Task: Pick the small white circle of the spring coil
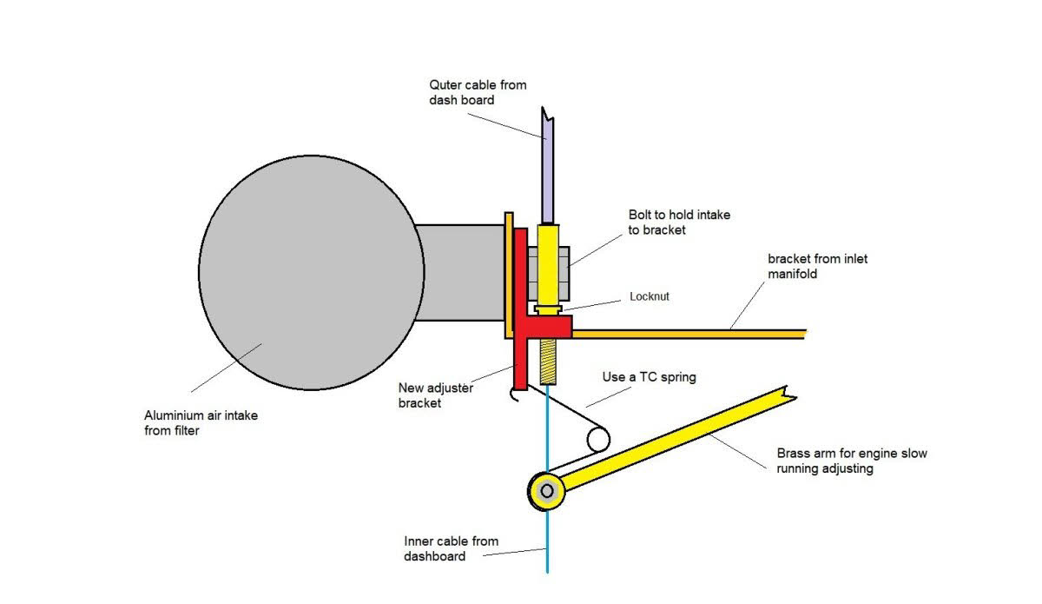point(597,439)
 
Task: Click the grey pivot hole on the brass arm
point(546,491)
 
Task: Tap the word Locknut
point(649,296)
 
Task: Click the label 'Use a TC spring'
point(649,378)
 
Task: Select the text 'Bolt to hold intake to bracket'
point(678,222)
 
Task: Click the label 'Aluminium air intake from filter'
point(201,422)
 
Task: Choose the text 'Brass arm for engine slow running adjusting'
point(851,461)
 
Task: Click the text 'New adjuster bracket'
point(436,395)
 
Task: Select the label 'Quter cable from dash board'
point(478,92)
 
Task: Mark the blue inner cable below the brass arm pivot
point(548,539)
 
